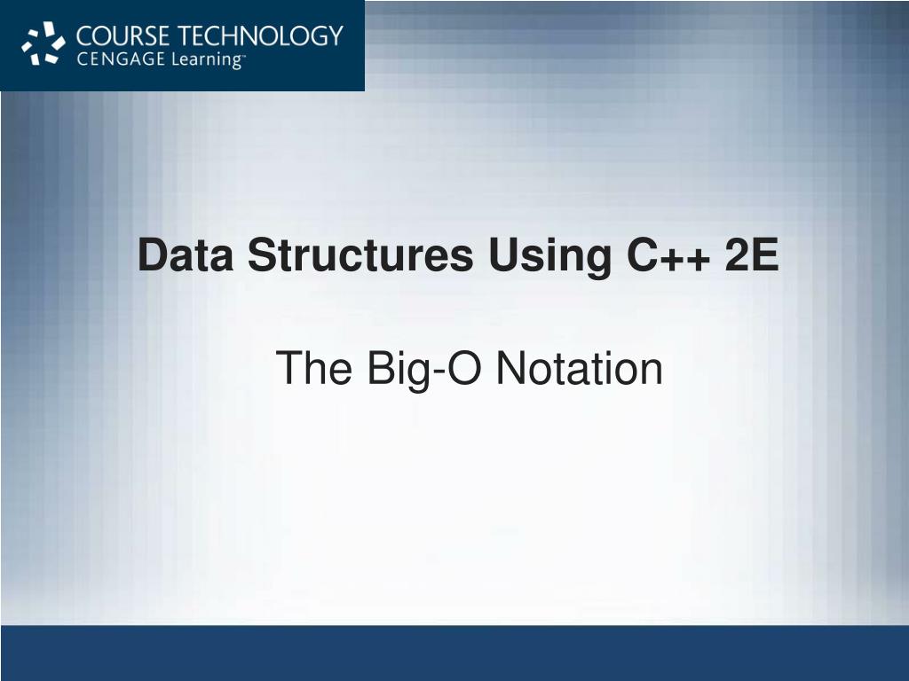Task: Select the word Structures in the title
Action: (360, 257)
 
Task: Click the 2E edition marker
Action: (752, 257)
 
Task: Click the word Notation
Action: (579, 368)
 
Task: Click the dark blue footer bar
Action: (454, 653)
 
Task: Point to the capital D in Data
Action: (151, 257)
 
